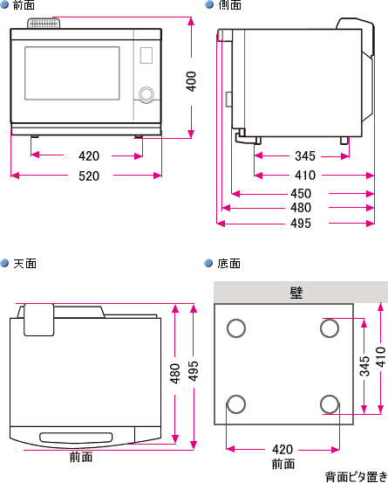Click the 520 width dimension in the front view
pyautogui.click(x=88, y=176)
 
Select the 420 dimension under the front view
pyautogui.click(x=88, y=156)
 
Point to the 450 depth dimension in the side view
pyautogui.click(x=301, y=193)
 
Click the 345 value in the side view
pyautogui.click(x=304, y=156)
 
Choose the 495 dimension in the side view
pyautogui.click(x=301, y=224)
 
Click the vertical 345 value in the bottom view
pyautogui.click(x=364, y=366)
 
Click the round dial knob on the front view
pyautogui.click(x=146, y=93)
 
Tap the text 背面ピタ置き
pyautogui.click(x=355, y=477)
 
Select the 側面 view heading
pyautogui.click(x=230, y=5)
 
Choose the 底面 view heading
pyautogui.click(x=228, y=263)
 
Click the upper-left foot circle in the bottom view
pyautogui.click(x=235, y=328)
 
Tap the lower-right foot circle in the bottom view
pyautogui.click(x=329, y=404)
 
